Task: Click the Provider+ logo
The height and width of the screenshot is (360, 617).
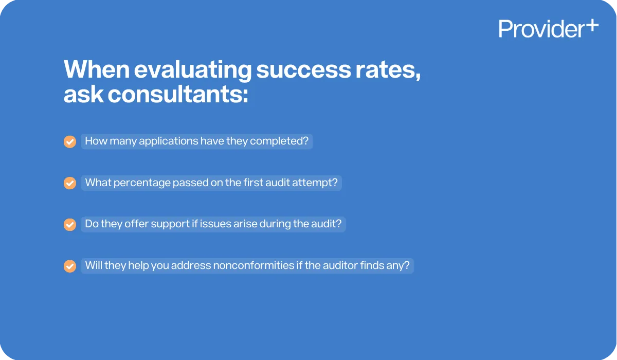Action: point(548,29)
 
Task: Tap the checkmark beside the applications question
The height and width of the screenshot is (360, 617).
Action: point(70,141)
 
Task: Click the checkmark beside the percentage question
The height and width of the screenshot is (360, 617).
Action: point(70,183)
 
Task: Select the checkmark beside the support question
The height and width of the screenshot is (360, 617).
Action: point(70,225)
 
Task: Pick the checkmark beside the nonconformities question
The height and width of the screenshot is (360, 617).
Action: point(70,266)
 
